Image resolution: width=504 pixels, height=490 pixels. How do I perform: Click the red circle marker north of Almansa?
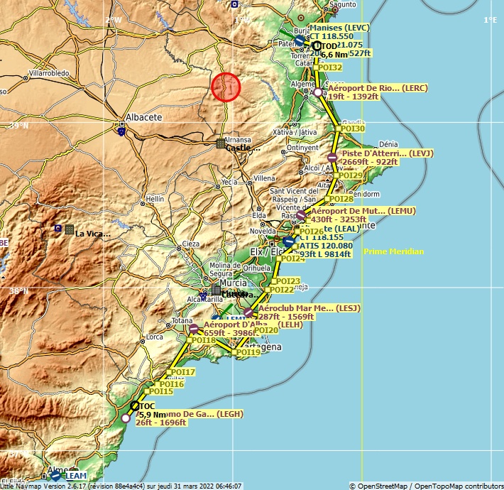click(226, 87)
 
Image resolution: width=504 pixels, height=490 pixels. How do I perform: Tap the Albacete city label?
click(143, 117)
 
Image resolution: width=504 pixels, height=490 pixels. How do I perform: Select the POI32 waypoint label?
click(330, 67)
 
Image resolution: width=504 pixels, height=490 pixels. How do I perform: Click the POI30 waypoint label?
click(352, 129)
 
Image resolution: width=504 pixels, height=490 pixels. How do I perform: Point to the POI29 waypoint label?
click(351, 175)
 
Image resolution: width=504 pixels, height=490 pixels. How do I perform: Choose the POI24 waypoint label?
click(292, 258)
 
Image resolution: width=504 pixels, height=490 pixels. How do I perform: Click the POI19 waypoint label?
click(248, 352)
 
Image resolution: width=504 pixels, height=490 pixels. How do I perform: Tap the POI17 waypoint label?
click(182, 372)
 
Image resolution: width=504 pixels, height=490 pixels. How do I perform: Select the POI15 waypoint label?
click(160, 391)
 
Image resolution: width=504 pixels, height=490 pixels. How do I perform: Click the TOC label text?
click(147, 406)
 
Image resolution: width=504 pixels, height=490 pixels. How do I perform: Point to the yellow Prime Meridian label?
click(393, 251)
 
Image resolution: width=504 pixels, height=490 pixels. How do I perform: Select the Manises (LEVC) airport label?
click(340, 27)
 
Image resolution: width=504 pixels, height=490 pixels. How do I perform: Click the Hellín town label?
click(155, 198)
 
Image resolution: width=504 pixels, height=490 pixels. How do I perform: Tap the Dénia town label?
click(389, 143)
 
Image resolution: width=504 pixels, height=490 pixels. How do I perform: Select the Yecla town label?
click(229, 182)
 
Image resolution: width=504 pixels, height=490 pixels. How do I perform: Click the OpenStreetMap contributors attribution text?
click(425, 486)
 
